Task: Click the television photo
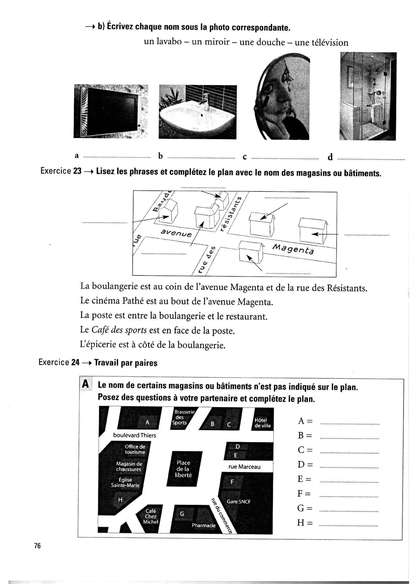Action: pyautogui.click(x=111, y=111)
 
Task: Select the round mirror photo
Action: pyautogui.click(x=282, y=97)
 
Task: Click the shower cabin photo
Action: pyautogui.click(x=368, y=96)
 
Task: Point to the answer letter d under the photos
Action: pyautogui.click(x=330, y=157)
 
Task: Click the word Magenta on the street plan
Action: pyautogui.click(x=293, y=249)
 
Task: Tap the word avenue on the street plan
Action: pyautogui.click(x=176, y=233)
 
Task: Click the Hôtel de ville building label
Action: pyautogui.click(x=262, y=423)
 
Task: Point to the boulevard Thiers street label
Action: pyautogui.click(x=135, y=435)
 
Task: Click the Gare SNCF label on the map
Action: pyautogui.click(x=239, y=502)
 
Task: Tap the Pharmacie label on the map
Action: pyautogui.click(x=203, y=525)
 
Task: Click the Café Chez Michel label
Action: pyautogui.click(x=151, y=516)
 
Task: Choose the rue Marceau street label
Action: pyautogui.click(x=244, y=467)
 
